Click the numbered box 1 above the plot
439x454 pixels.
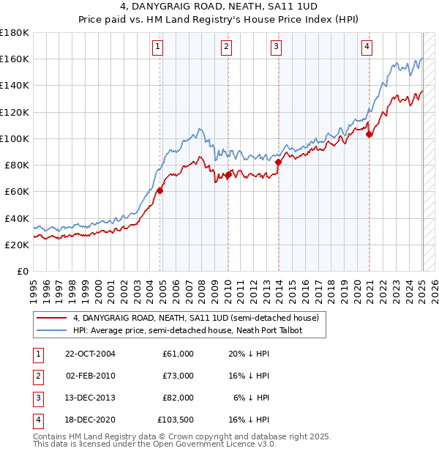(x=158, y=48)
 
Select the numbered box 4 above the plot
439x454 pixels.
(x=366, y=48)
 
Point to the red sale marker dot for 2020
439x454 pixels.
(x=369, y=133)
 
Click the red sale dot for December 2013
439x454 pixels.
(x=279, y=162)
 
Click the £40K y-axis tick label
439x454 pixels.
(x=16, y=218)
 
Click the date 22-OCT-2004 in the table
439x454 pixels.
(x=90, y=354)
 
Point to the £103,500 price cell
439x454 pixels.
(x=175, y=420)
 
